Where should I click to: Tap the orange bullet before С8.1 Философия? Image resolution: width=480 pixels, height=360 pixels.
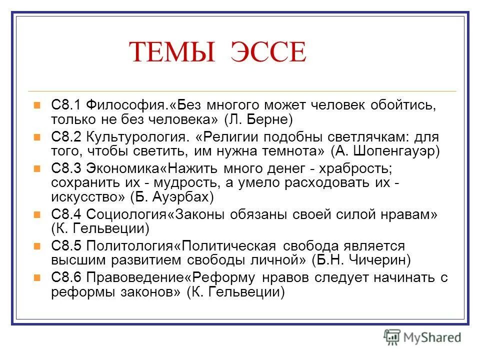[36, 105]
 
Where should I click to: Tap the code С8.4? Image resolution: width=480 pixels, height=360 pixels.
[66, 214]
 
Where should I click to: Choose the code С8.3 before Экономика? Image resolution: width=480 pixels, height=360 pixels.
[66, 167]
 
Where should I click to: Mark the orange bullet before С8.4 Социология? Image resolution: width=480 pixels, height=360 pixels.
[36, 214]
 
